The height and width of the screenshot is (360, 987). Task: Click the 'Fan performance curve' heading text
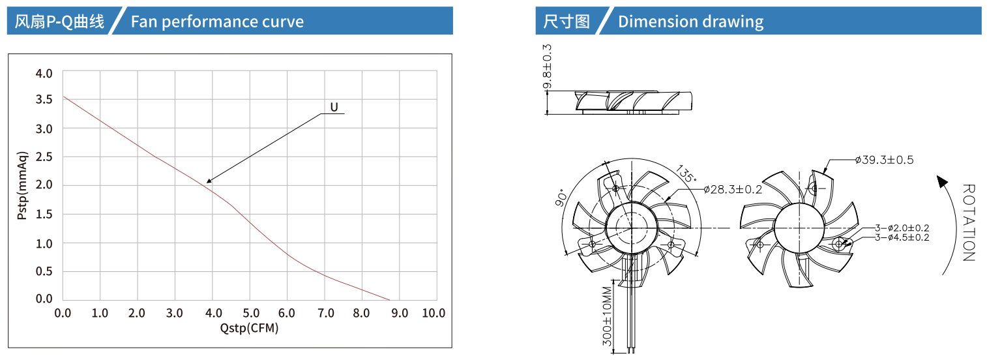tap(217, 22)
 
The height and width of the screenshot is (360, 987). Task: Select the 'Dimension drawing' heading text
tap(690, 22)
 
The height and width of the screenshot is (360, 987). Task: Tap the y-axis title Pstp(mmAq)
tap(22, 185)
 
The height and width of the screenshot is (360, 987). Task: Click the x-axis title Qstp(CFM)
tap(250, 328)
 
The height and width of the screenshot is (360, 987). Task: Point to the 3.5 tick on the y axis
tap(44, 100)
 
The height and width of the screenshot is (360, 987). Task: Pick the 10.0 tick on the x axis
tap(434, 313)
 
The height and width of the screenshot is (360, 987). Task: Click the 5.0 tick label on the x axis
tap(251, 313)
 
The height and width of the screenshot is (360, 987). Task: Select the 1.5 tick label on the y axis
tap(44, 214)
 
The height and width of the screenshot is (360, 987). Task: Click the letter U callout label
tap(334, 108)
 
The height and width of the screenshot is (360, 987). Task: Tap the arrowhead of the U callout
tap(209, 181)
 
